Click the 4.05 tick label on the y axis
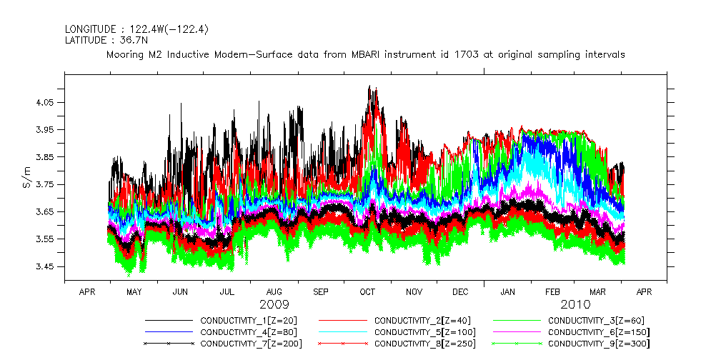coord(44,103)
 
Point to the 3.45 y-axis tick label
coord(44,266)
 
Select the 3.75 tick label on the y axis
coord(44,185)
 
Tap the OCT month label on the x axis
coord(367,292)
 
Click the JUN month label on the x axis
coord(181,292)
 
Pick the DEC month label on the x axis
coord(460,292)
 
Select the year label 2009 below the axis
coord(274,305)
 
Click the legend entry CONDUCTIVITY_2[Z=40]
coord(419,321)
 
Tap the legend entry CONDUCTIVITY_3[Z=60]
coord(594,321)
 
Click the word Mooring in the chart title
coord(126,54)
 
